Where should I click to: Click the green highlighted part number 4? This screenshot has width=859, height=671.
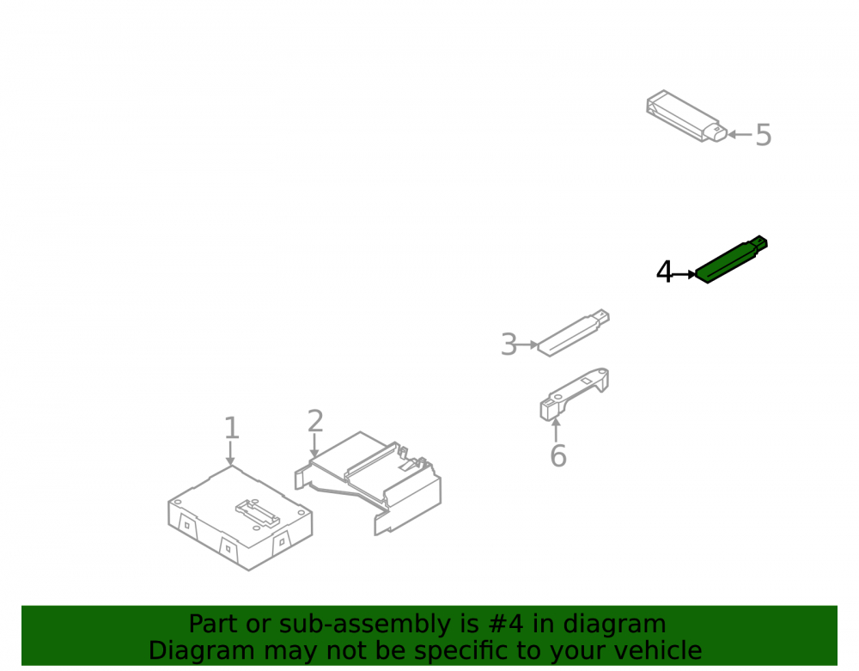click(731, 259)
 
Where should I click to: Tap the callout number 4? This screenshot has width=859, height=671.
click(664, 271)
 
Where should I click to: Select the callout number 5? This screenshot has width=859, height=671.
click(763, 135)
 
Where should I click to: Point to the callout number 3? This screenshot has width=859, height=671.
click(509, 345)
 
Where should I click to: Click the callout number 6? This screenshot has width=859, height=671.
click(558, 456)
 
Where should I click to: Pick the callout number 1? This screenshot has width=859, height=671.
click(232, 428)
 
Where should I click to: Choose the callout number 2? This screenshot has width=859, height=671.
click(315, 421)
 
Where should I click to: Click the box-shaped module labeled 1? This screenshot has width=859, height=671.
click(240, 518)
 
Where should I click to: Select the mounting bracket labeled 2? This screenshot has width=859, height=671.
click(369, 482)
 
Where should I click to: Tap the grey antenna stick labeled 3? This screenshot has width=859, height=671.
click(573, 332)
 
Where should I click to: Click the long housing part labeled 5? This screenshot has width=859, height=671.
click(686, 116)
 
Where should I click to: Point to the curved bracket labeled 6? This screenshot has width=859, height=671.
click(574, 393)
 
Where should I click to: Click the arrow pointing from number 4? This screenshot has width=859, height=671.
click(685, 274)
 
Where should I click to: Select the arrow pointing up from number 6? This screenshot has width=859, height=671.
click(556, 430)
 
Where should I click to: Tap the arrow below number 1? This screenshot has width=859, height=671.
click(230, 454)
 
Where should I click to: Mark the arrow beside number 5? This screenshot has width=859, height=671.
click(740, 134)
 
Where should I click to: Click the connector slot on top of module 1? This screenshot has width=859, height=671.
click(258, 513)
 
